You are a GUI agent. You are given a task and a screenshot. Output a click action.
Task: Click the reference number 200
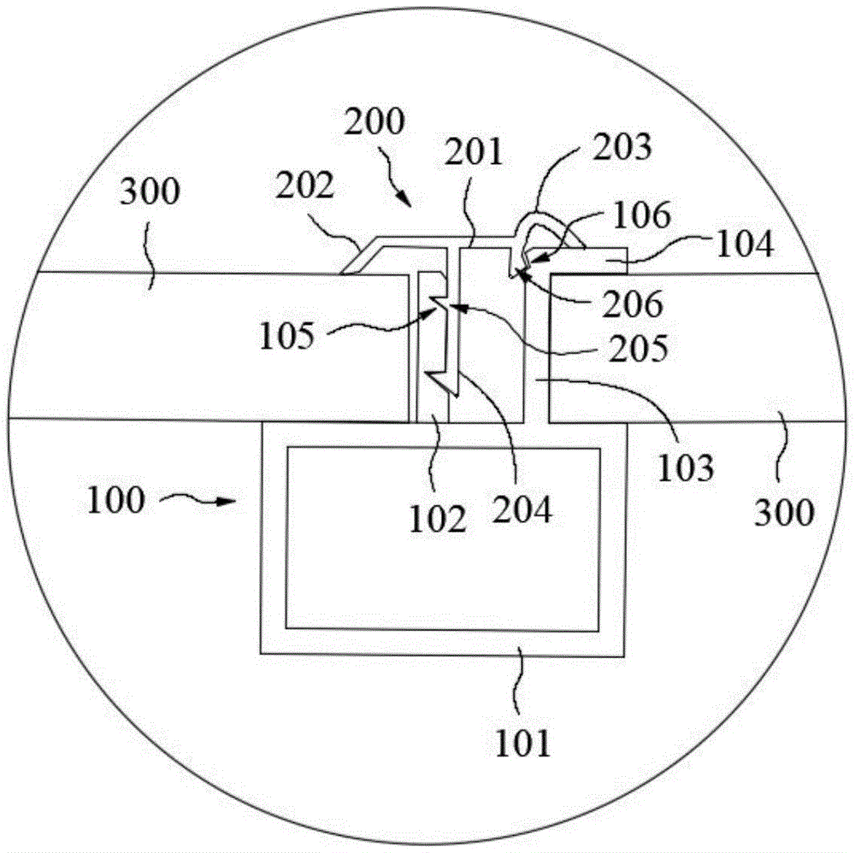[x=373, y=125]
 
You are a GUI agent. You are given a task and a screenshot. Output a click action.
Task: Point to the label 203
[x=622, y=147]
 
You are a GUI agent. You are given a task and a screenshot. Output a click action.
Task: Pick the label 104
[x=744, y=245]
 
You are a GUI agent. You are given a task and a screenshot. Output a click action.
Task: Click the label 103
[x=685, y=468]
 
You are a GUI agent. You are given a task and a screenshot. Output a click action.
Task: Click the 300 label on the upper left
[x=150, y=193]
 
